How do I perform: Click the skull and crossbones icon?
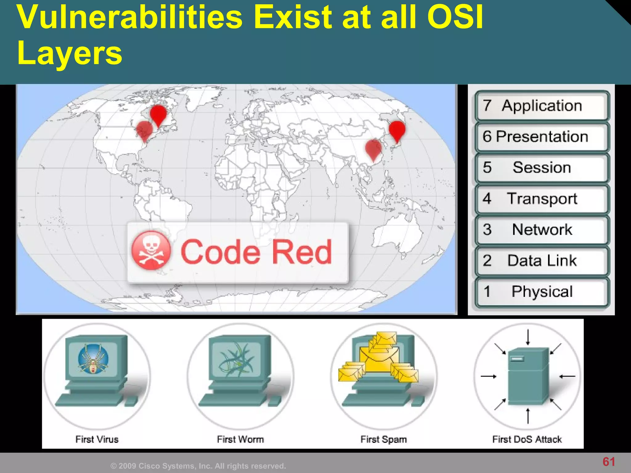[151, 250]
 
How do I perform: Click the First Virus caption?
[97, 439]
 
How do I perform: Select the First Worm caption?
[240, 439]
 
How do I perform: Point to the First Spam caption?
[384, 439]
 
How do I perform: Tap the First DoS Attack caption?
[527, 439]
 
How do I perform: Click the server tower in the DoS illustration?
[528, 376]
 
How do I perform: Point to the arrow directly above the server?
[528, 338]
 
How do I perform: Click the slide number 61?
[609, 462]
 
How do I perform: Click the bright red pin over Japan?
[397, 130]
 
